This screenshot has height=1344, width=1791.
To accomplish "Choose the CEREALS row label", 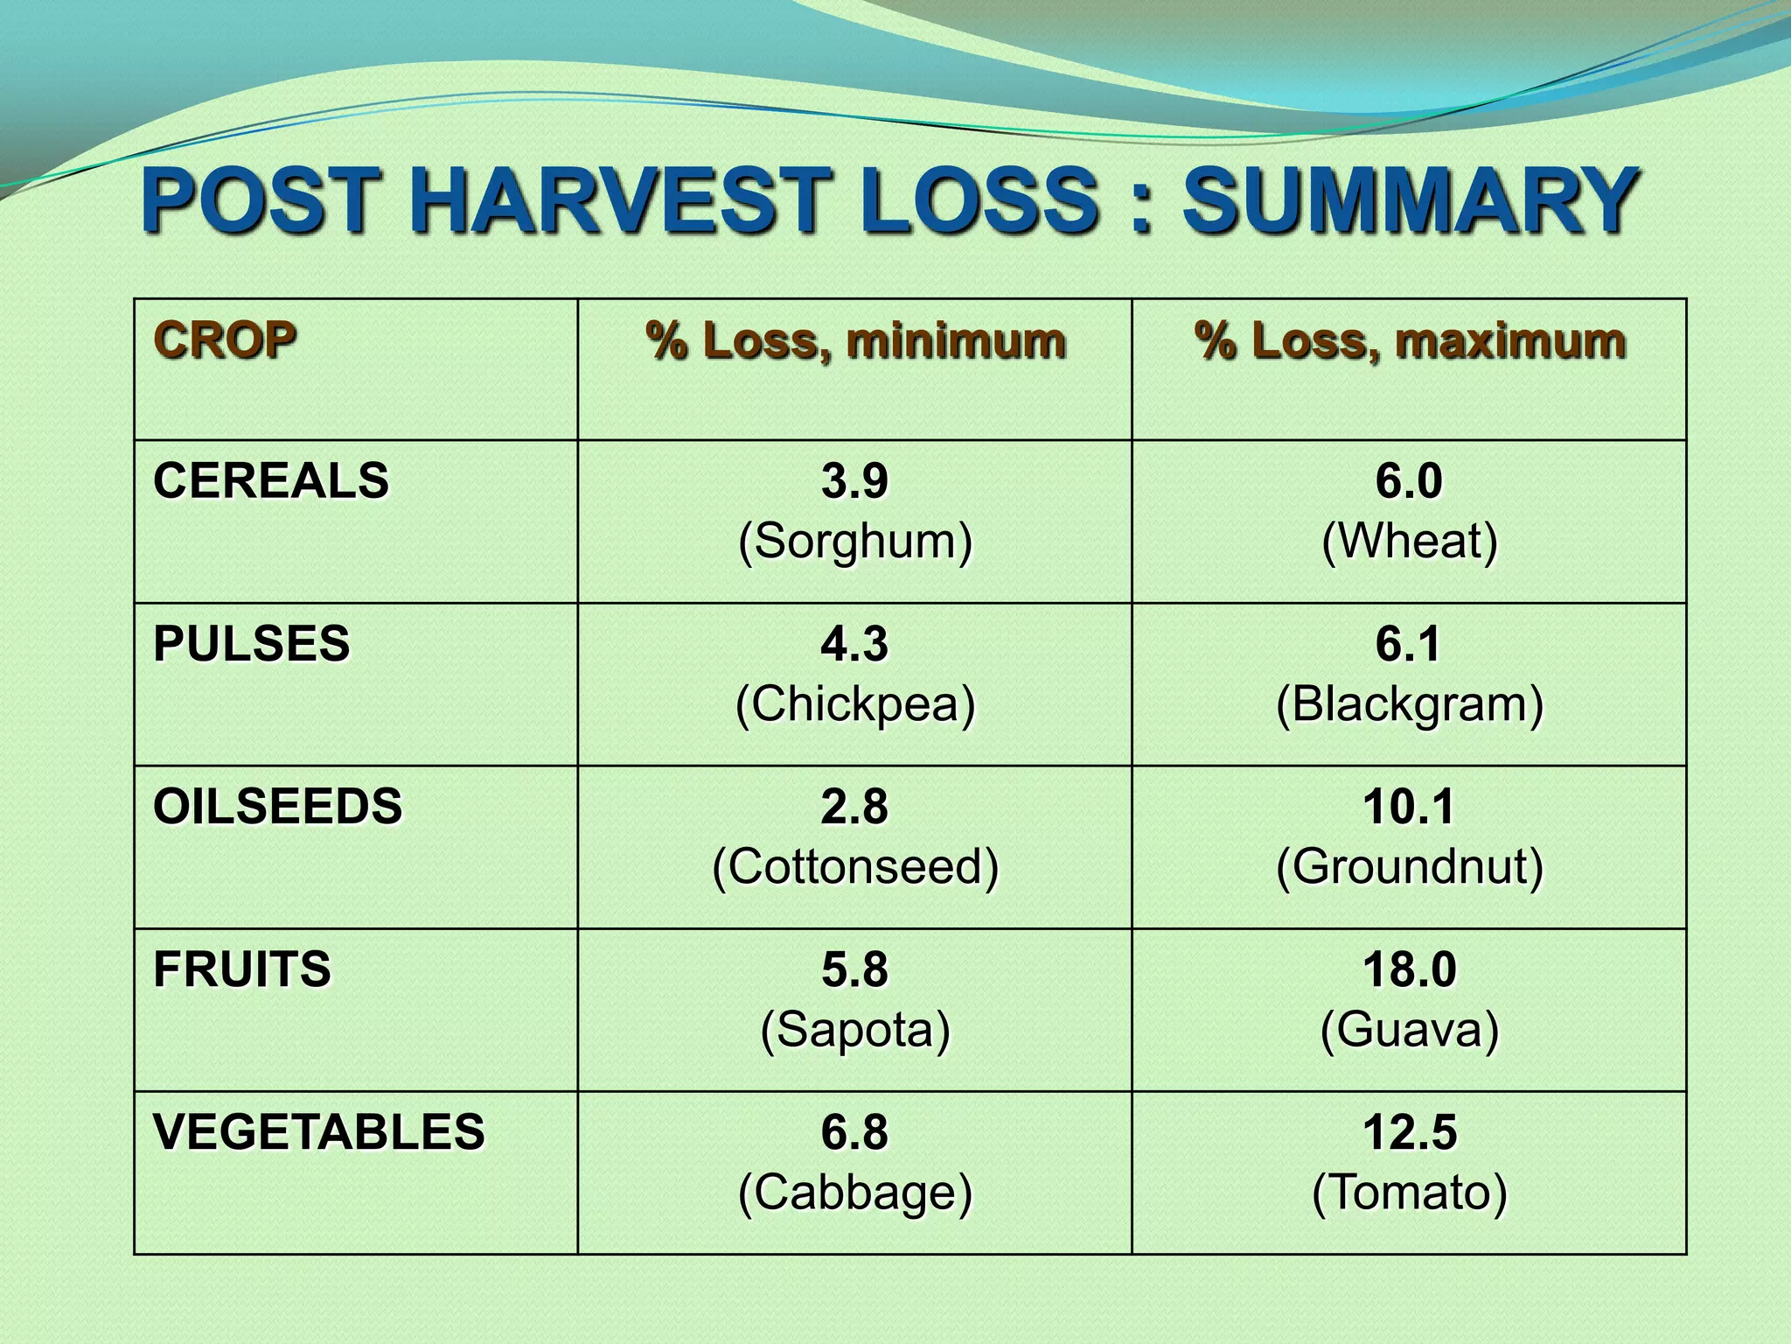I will [x=271, y=480].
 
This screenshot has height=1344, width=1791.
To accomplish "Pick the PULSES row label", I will [x=252, y=643].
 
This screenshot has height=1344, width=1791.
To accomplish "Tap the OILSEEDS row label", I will [x=278, y=806].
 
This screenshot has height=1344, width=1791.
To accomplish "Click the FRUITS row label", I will [x=242, y=969].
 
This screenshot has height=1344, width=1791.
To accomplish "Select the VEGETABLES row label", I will [x=319, y=1131].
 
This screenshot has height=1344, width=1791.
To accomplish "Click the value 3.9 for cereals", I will [x=854, y=480].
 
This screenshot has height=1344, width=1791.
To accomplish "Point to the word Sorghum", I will [x=855, y=542].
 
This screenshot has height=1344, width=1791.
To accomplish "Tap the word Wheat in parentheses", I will [x=1410, y=542].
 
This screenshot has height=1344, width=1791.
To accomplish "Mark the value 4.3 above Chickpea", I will [x=854, y=643].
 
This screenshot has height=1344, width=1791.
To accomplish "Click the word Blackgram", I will [x=1410, y=704].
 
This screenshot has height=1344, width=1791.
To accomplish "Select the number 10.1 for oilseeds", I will [x=1410, y=806].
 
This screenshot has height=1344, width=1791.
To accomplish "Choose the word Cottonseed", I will [x=855, y=867].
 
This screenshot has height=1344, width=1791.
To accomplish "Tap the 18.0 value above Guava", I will [x=1410, y=969].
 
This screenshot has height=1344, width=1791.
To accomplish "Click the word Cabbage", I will [x=855, y=1193].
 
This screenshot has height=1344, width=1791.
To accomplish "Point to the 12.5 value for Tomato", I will [x=1410, y=1131].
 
